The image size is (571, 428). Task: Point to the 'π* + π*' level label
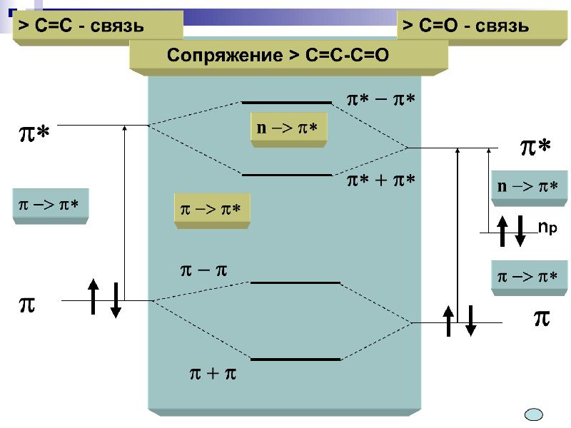coord(380,181)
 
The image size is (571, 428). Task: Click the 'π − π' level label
coord(203,271)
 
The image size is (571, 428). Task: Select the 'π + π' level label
coord(212,373)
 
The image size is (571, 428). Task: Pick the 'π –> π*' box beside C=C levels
coord(49,205)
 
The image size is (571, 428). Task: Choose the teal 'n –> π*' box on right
coord(527,188)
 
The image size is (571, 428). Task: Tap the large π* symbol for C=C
coord(33,133)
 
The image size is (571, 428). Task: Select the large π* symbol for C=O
coord(535,148)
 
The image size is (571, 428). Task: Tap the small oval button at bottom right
coord(534,414)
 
